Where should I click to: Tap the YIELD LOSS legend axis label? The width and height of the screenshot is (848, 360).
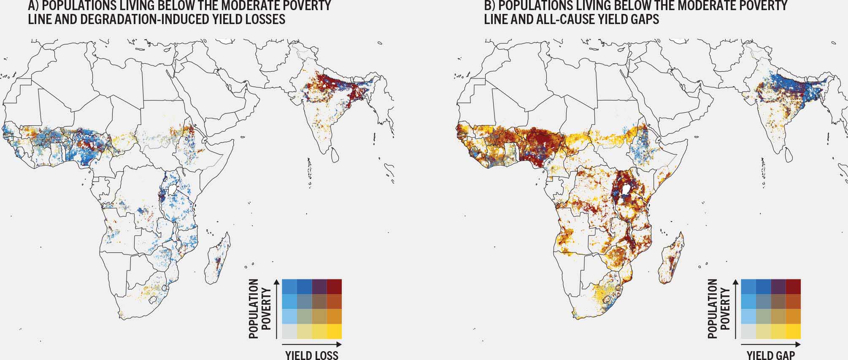coord(312,355)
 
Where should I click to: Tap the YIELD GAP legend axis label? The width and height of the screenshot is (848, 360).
coord(771,355)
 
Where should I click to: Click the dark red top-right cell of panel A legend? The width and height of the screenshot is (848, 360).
coord(334,287)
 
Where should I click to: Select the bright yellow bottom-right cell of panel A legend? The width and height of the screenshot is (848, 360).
coord(334,331)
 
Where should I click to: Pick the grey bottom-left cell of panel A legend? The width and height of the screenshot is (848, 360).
coord(289,331)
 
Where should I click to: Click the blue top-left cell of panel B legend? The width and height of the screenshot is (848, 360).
coord(748,287)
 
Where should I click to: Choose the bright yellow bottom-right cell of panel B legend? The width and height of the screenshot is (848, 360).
coord(793,331)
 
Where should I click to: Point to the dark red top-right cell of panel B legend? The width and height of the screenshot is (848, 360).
coord(793,287)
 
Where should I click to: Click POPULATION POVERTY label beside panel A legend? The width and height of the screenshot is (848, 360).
coord(259,309)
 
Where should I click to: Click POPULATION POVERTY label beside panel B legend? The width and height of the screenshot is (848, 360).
coord(718,309)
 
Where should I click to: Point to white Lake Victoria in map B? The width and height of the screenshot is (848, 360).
coord(629,188)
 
